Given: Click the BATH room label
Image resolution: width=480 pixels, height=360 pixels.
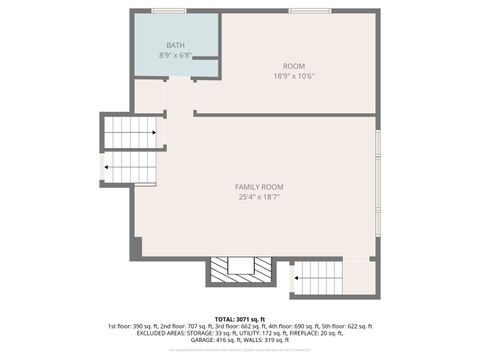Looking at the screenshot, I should (x=176, y=46).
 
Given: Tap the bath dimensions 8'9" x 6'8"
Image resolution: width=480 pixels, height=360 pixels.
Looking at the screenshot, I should (x=176, y=56).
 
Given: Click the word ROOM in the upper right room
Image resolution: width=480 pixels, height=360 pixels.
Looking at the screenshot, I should (x=293, y=66).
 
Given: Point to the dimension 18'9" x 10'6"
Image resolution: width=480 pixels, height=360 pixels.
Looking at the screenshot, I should (x=293, y=76).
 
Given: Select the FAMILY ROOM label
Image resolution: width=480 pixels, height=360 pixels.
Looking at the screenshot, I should (x=259, y=187).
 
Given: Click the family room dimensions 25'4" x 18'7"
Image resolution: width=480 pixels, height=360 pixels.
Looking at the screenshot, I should (x=259, y=197).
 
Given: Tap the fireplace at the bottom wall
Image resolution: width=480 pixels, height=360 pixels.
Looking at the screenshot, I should (x=240, y=270).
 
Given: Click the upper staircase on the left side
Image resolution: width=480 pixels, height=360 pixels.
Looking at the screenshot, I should (x=131, y=131).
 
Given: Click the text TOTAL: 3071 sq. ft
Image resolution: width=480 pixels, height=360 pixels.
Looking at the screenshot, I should (x=240, y=318).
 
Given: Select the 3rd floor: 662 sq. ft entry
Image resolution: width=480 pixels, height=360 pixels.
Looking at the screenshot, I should (x=232, y=326).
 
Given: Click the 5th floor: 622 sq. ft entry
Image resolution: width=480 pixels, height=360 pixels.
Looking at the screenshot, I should (x=346, y=326).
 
